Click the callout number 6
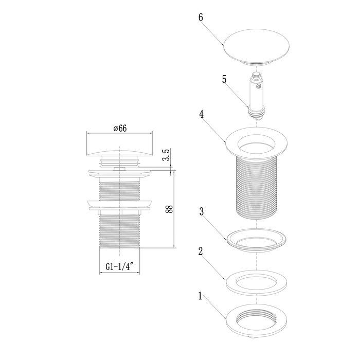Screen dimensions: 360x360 201,17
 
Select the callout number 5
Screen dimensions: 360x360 224,80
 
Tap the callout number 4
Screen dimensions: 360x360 202,115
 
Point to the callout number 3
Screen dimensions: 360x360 202,212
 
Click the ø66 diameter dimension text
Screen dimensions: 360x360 119,129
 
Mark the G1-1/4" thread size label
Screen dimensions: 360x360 119,267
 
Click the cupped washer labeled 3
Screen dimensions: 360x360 256,238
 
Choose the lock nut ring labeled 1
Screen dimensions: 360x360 256,320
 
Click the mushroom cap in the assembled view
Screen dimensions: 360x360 119,147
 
